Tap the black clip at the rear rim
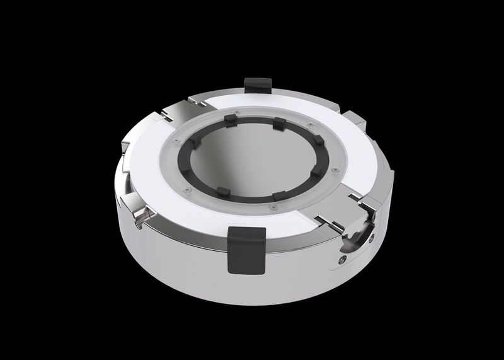click(257, 83)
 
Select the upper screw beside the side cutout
click(372, 236)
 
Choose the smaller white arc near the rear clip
click(296, 101)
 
